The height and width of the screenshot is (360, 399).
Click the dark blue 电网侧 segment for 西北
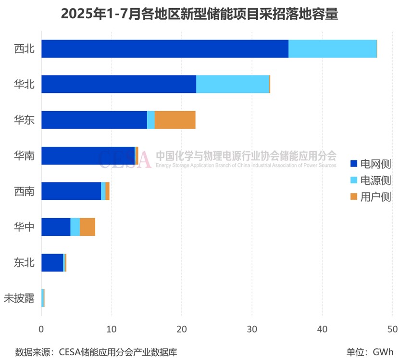[x=164, y=49]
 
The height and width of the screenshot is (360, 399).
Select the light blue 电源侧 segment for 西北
[x=332, y=49]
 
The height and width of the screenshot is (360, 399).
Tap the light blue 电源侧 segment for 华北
[x=233, y=84]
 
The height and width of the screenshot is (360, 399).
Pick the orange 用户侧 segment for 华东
[x=175, y=120]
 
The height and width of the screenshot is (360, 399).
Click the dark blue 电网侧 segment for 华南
[x=88, y=155]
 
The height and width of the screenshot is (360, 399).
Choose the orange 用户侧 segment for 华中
[x=87, y=227]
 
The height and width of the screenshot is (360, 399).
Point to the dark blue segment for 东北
[x=52, y=262]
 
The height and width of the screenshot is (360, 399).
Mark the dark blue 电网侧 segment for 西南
[x=71, y=191]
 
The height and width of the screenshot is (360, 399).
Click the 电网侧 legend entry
[x=370, y=164]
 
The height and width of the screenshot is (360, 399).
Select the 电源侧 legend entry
[x=370, y=180]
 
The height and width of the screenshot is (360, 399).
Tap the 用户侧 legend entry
[x=370, y=197]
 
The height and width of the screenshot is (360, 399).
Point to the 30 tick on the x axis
[x=252, y=329]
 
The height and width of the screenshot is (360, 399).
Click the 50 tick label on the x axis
[x=392, y=329]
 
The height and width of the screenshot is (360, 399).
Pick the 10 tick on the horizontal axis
[x=112, y=329]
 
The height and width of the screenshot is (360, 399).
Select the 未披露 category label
[x=19, y=298]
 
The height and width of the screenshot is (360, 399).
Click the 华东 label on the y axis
[x=24, y=120]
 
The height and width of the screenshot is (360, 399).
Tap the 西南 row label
[x=24, y=192]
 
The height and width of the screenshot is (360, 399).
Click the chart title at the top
[x=199, y=14]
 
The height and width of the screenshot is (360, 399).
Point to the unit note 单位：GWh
[x=370, y=352]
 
